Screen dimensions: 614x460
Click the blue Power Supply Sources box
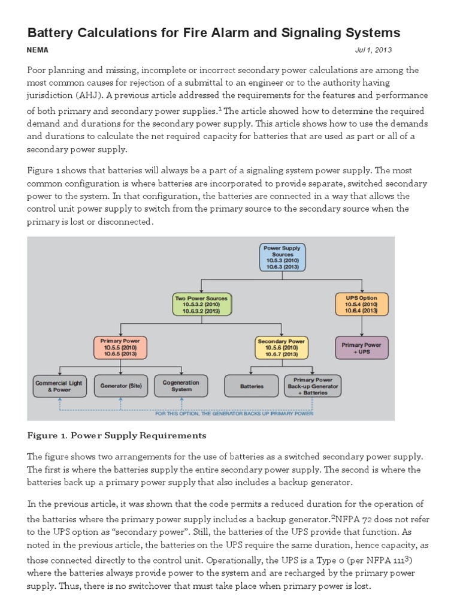click(x=283, y=257)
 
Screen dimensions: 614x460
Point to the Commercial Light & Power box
click(x=59, y=386)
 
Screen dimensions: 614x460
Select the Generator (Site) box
click(x=120, y=386)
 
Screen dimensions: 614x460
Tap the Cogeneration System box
click(x=181, y=386)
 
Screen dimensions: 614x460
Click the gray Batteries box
click(x=252, y=386)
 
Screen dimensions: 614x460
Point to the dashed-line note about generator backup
click(x=234, y=413)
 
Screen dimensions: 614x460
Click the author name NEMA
click(x=38, y=50)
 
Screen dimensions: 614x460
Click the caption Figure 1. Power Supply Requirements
click(x=117, y=435)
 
